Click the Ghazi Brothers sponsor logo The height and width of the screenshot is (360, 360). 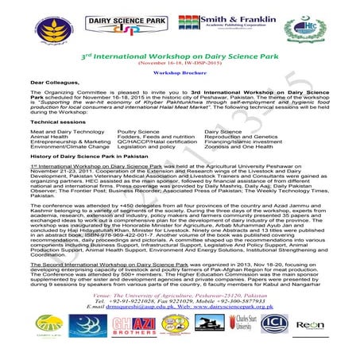coord(130,326)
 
